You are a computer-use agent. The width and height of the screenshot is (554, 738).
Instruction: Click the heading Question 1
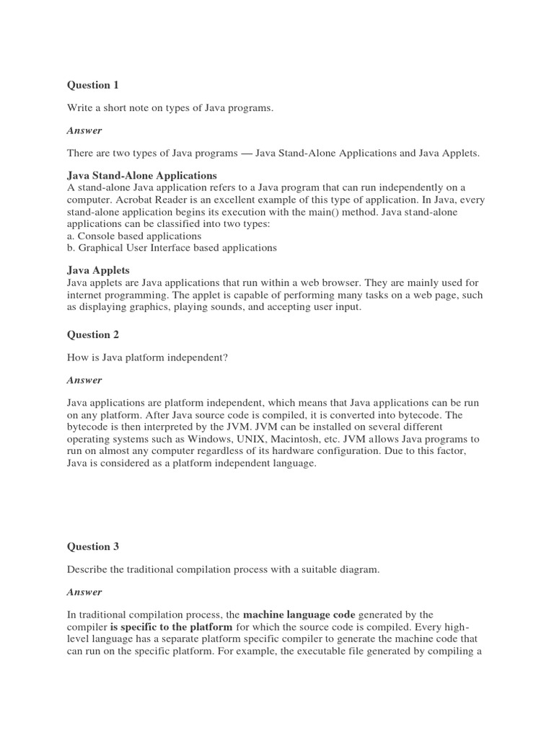93,85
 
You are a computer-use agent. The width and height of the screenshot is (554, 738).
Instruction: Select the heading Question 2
93,334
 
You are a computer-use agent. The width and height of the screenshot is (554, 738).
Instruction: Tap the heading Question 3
93,546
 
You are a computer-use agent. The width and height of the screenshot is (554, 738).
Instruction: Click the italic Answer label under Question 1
84,130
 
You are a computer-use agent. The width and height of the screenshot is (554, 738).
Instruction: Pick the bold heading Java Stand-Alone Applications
142,175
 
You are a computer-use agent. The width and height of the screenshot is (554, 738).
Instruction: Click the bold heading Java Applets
98,270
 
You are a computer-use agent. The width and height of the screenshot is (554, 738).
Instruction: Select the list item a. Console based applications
134,236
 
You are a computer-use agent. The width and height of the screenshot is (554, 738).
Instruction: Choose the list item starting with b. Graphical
172,247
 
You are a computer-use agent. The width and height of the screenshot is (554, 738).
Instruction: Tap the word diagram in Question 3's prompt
358,569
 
